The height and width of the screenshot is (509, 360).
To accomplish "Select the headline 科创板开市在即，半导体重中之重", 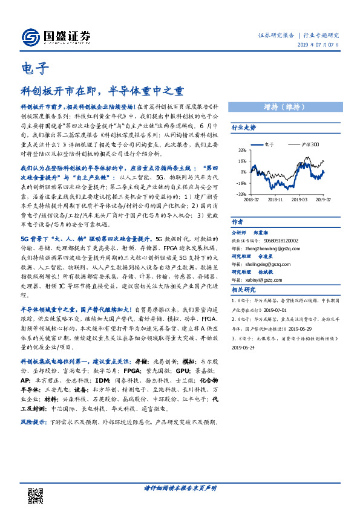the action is point(102,91).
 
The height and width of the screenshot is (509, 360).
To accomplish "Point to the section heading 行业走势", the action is point(244,128).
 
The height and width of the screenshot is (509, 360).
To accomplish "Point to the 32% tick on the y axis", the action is point(241,151).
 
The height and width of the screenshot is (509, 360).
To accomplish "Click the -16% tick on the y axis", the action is point(241,183).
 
